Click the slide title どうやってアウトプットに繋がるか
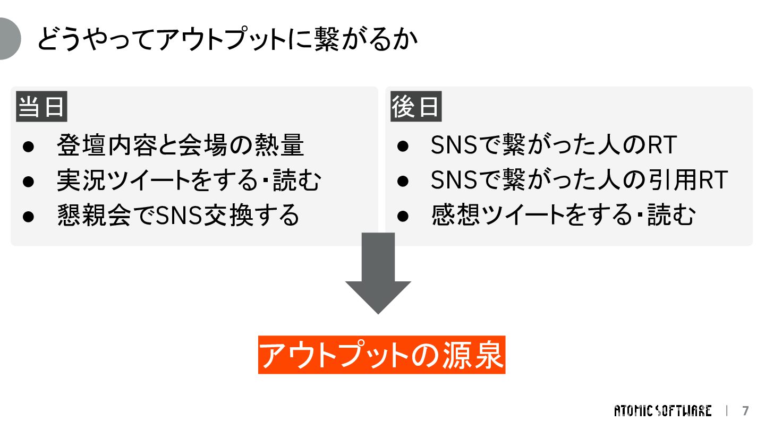227,39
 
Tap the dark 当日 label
41,107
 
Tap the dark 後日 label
416,107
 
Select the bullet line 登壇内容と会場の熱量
181,145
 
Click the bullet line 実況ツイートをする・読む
189,180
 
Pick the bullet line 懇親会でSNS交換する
178,216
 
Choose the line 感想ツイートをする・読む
563,216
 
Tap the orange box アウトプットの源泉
381,355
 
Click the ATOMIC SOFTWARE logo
662,411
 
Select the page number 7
745,411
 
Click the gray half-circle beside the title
9,39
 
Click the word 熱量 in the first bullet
285,145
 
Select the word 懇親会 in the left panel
94,216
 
